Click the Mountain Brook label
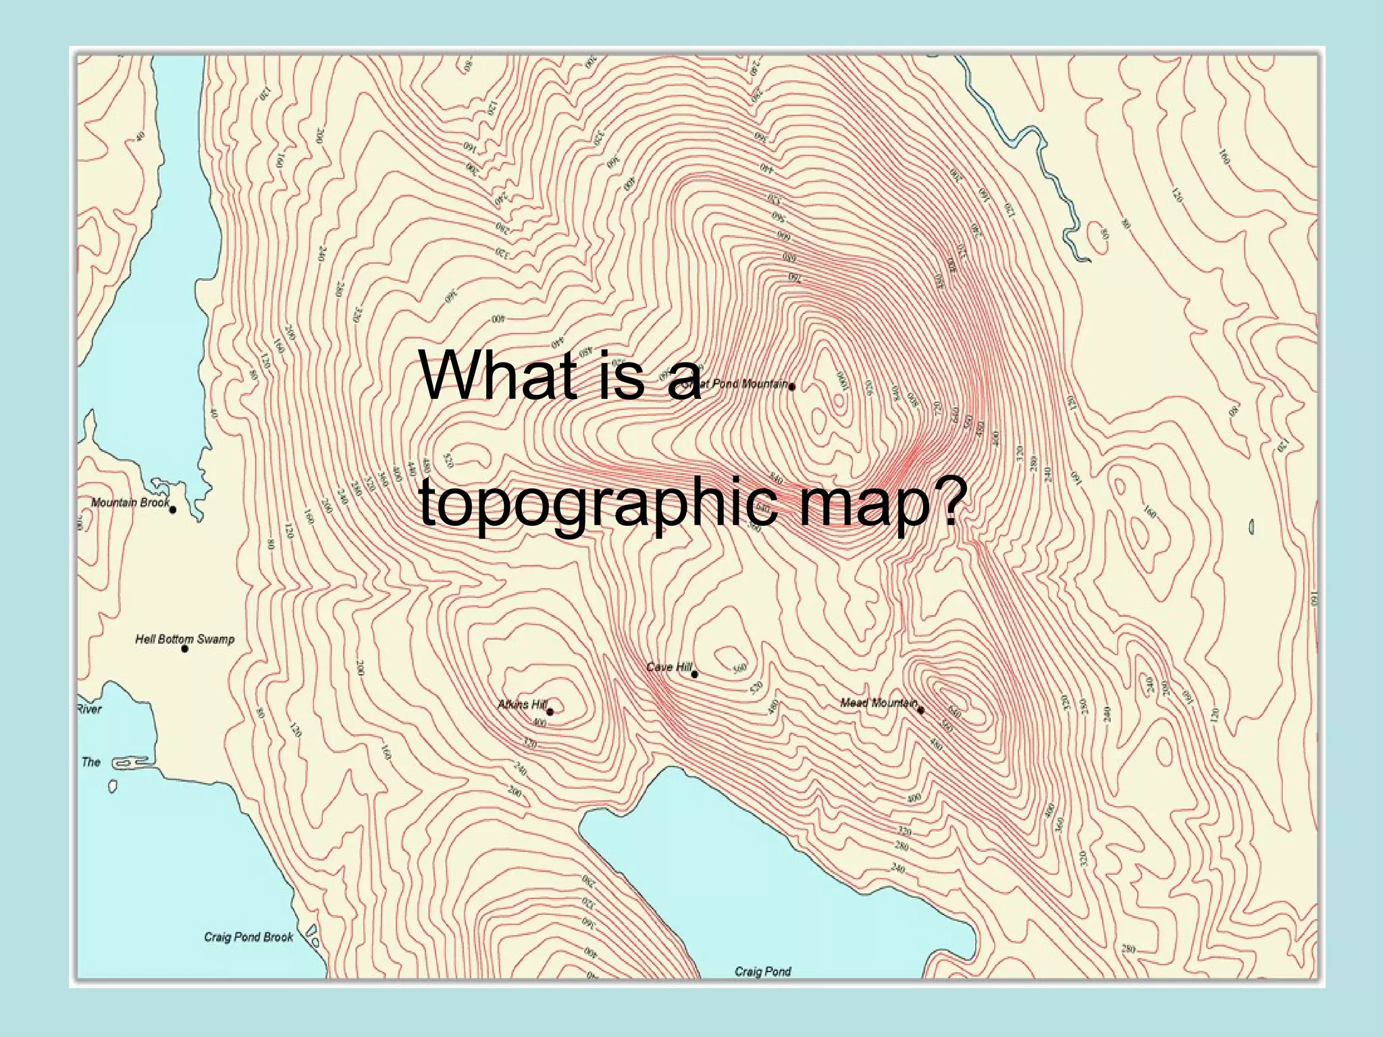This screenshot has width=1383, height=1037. [x=130, y=502]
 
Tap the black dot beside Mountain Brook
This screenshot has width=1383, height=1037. [x=173, y=510]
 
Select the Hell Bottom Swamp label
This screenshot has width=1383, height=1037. [x=184, y=639]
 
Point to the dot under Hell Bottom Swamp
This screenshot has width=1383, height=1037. [x=185, y=649]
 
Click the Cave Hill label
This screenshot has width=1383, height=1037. [x=669, y=667]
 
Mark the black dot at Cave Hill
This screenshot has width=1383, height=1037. [x=694, y=674]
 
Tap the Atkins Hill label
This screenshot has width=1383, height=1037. [x=521, y=705]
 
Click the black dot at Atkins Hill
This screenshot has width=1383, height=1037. [x=550, y=712]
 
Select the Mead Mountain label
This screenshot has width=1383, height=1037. [x=878, y=703]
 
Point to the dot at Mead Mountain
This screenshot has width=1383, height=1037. [x=920, y=710]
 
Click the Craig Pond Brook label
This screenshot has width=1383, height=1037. [x=249, y=937]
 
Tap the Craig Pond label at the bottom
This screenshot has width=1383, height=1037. [x=762, y=972]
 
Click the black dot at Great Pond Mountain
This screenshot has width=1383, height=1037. [x=791, y=388]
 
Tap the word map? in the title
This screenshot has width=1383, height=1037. [x=878, y=504]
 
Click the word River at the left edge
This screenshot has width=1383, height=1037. [x=89, y=709]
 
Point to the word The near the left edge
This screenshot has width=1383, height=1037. [x=90, y=762]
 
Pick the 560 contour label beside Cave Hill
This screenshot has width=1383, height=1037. [x=740, y=668]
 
